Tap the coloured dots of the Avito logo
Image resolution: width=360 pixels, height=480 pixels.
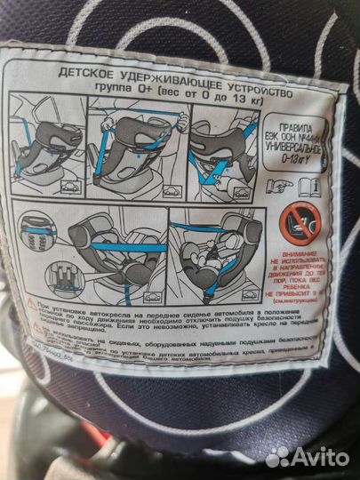[277, 455]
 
